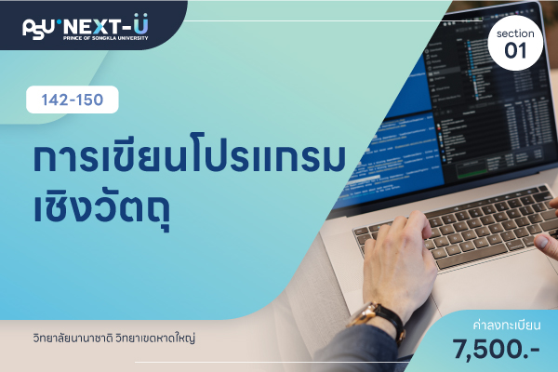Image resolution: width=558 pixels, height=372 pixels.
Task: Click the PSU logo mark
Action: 38,29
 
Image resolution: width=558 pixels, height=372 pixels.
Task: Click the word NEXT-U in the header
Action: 106,25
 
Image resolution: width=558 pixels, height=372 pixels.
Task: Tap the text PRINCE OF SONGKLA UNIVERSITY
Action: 106,38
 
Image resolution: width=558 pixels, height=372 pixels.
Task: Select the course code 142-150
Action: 73,100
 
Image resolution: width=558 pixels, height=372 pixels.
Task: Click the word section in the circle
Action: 515,33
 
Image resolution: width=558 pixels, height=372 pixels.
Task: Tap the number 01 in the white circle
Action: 515,50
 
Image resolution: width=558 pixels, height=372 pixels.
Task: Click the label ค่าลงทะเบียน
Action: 507,325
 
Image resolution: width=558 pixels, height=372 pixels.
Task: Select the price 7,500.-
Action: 497,349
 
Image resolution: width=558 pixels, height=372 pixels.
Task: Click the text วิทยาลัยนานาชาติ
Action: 73,338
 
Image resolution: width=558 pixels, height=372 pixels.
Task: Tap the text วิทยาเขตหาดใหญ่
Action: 155,338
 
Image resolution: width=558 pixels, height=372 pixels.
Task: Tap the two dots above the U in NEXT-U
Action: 140,15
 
